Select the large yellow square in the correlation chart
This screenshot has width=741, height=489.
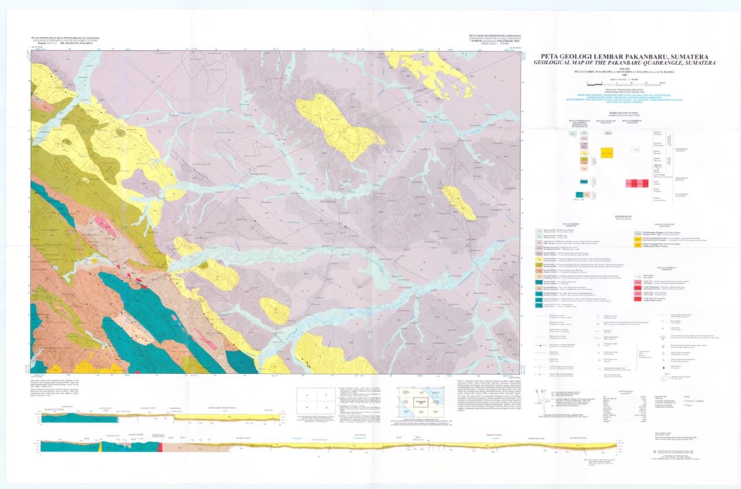click(x=607, y=153)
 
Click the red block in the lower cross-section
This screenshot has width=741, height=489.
click(x=159, y=447)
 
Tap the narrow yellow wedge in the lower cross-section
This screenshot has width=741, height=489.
click(x=100, y=446)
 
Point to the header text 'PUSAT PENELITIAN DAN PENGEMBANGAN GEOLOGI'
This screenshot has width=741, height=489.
click(x=64, y=38)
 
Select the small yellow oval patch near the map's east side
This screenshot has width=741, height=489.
click(x=460, y=203)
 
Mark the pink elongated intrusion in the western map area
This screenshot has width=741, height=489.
click(x=105, y=222)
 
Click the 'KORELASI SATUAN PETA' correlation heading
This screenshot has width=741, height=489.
click(x=622, y=114)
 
